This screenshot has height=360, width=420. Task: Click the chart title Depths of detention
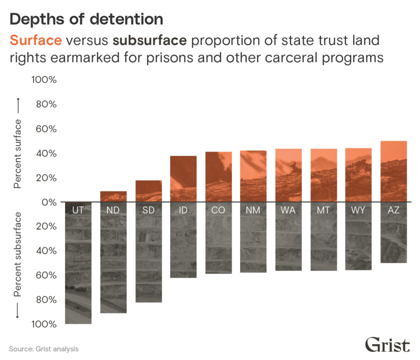[86, 20]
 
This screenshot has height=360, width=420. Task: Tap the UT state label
[78, 211]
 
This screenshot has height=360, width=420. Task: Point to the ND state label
[113, 211]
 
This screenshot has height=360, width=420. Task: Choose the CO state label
[218, 211]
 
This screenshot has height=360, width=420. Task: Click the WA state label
[288, 211]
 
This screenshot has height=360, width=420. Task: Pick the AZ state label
[393, 211]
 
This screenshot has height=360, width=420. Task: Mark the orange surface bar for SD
[148, 191]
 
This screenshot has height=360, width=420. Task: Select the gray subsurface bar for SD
[148, 257]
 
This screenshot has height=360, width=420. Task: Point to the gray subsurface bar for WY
[358, 243]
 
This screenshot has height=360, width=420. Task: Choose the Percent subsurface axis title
[17, 256]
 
